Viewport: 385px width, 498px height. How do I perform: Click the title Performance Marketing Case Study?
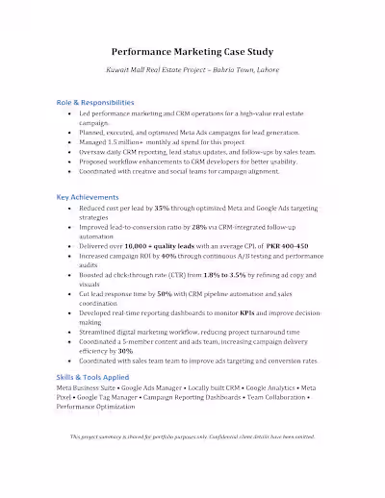pos(192,51)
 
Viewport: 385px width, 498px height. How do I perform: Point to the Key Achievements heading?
pos(89,197)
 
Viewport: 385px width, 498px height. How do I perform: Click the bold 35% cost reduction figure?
pos(161,208)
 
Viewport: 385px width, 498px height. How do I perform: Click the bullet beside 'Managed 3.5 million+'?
pos(70,141)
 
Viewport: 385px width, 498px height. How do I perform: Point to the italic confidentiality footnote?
pos(192,436)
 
